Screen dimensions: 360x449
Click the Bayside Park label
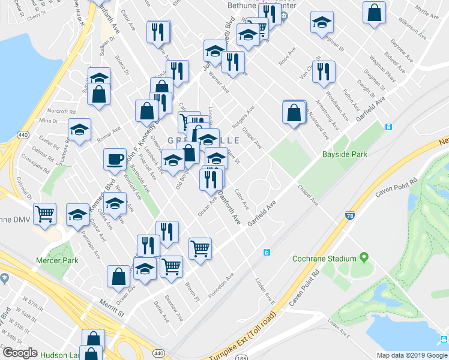click(x=345, y=154)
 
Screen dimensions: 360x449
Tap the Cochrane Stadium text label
click(x=324, y=259)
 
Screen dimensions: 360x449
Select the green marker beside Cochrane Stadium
click(x=363, y=258)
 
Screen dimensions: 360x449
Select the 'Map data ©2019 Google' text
click(x=412, y=355)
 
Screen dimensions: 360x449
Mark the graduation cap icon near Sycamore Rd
click(x=79, y=131)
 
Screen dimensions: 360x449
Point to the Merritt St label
click(x=112, y=305)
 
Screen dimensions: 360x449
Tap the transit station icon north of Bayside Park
click(x=388, y=127)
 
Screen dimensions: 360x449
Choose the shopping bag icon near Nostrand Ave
click(x=294, y=112)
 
